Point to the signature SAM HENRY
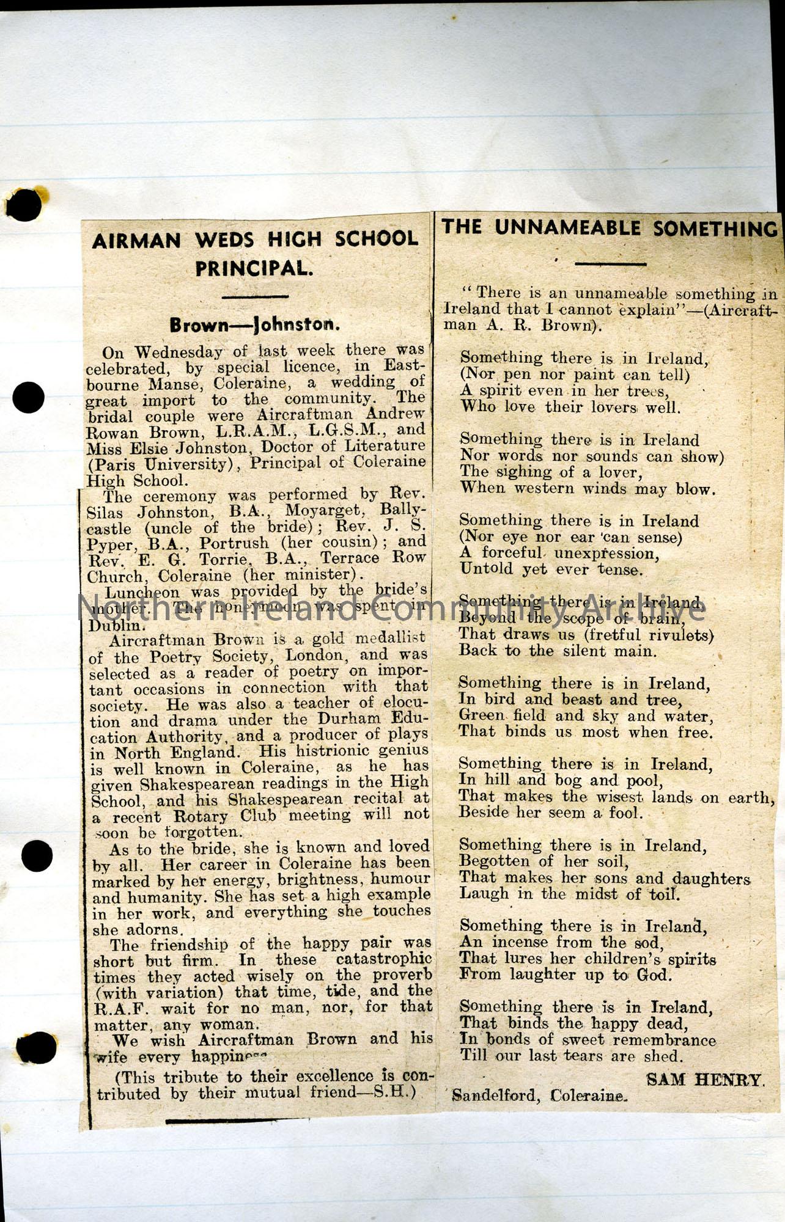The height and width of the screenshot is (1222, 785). coord(705,1080)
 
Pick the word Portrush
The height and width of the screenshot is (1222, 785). coord(234,543)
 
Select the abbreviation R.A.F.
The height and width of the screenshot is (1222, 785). coord(119,1008)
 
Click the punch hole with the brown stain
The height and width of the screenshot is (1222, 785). coord(24,204)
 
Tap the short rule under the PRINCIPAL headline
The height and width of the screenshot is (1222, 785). coord(254,297)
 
